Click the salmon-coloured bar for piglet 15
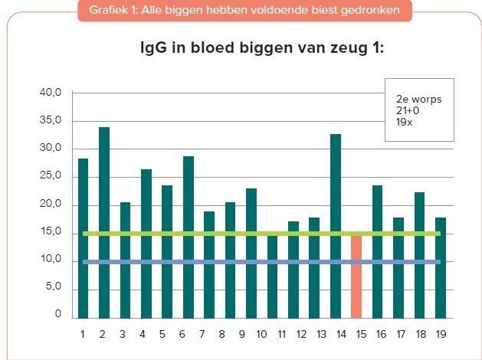coord(356,277)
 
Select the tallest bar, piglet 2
coord(104,222)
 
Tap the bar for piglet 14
coord(336,226)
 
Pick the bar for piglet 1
coord(83,237)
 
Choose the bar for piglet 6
coord(189,237)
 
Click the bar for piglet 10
coord(273,276)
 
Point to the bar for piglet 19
coord(441,268)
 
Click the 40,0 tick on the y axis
coord(51,93)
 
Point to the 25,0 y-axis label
coord(51,177)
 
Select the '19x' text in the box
coord(404,121)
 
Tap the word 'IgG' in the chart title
coord(149,49)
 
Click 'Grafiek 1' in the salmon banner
coord(113,10)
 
